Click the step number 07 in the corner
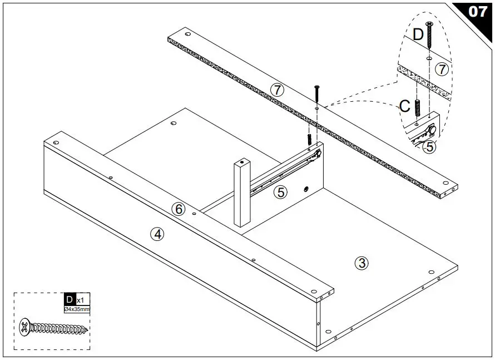[478, 11]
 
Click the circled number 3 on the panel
[362, 263]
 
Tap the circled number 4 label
[158, 234]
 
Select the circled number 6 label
[178, 209]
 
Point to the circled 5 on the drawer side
[281, 192]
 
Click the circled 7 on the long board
[276, 89]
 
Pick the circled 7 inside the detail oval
[442, 70]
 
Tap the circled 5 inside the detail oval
[429, 147]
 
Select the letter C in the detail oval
[405, 106]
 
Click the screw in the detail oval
[429, 35]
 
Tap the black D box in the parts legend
[70, 299]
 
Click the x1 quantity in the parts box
[81, 300]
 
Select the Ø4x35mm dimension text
[77, 309]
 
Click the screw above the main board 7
[317, 95]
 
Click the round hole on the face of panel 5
[305, 190]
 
